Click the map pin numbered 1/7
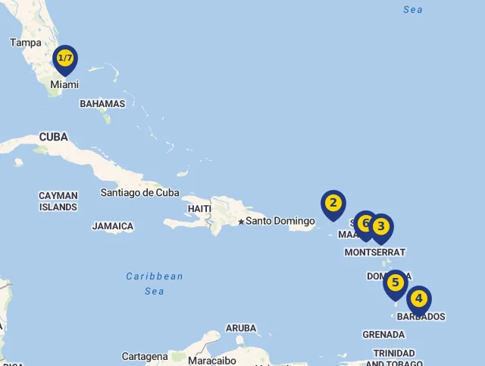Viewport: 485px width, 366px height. coord(65,58)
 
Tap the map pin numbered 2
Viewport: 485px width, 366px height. coord(333,204)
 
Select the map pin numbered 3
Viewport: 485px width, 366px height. coord(381,226)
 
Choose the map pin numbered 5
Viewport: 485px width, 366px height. coord(395,283)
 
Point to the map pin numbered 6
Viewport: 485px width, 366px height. coord(365,223)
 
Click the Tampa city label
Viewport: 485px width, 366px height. coord(26,43)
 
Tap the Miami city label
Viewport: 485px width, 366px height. coord(64,84)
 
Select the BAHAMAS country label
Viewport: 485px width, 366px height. coord(102,103)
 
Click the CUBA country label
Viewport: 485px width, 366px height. coord(53,137)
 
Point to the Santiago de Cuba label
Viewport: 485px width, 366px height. coord(139,192)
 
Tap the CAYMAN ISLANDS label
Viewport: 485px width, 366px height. coord(58,201)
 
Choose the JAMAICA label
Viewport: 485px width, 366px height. coord(113,226)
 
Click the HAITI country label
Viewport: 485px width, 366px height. coord(199,208)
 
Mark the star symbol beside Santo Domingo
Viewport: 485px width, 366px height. coord(241,222)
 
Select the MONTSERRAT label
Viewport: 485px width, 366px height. coord(374,252)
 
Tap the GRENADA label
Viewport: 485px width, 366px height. coord(383,334)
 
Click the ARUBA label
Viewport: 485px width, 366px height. coord(241,328)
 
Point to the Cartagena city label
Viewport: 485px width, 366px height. coord(145,356)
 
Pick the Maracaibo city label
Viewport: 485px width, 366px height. coord(212,360)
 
